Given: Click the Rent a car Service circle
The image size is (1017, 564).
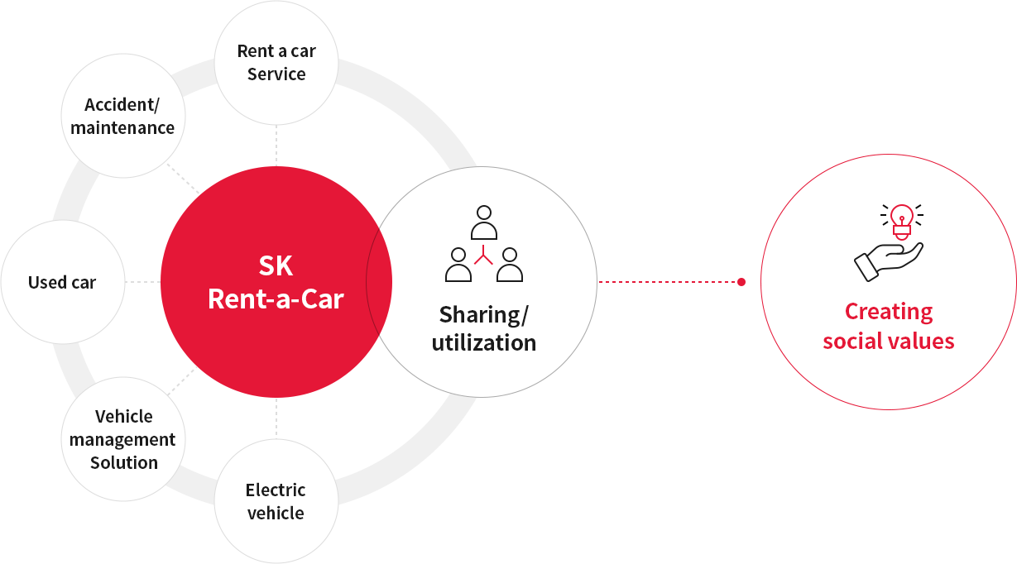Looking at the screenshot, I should click(x=276, y=63).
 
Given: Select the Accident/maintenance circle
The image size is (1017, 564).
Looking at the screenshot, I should click(x=122, y=117).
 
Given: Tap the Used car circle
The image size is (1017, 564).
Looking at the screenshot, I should click(x=62, y=282).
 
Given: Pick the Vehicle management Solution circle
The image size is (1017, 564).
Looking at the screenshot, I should click(x=123, y=439).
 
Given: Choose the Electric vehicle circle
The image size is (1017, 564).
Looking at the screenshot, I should click(x=276, y=501).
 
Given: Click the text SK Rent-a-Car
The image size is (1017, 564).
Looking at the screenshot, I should click(x=276, y=283).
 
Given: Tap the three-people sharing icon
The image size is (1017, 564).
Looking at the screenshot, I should click(x=484, y=244).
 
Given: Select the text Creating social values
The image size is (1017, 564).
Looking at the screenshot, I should click(x=889, y=326).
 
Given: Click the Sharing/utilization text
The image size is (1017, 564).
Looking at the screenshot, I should click(x=484, y=328).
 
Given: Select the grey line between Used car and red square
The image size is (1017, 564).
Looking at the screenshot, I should click(x=142, y=282).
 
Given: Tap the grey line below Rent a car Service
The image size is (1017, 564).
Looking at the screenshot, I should click(x=276, y=146).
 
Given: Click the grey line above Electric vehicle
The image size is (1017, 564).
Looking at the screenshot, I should click(x=276, y=418).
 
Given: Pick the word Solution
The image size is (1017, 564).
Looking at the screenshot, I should click(x=123, y=462).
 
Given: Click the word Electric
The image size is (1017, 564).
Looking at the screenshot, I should click(x=276, y=490).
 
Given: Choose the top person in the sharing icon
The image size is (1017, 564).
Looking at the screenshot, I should click(x=484, y=222).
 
